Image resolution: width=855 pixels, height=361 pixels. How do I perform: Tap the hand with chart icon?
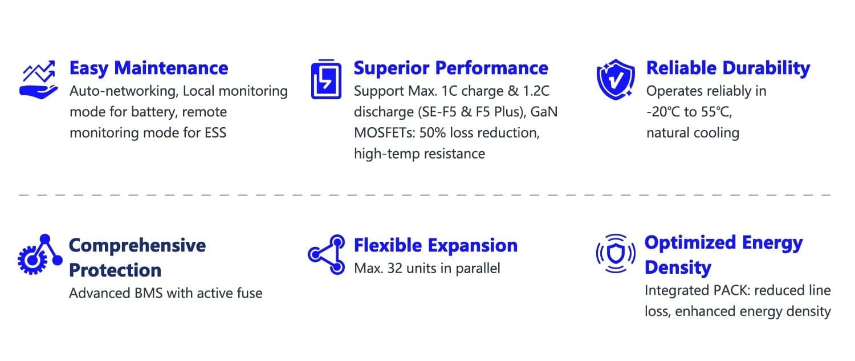pos(39,79)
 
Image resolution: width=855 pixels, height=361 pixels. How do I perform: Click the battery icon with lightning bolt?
pos(326,79)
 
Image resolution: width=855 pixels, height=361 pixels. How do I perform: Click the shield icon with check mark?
pos(616,79)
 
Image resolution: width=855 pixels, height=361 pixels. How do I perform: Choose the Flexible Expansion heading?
pos(435,246)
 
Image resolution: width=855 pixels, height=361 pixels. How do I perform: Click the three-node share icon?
pos(327,254)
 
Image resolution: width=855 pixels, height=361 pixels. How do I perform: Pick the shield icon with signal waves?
pos(616,254)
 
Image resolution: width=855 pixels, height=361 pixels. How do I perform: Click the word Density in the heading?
pos(678,267)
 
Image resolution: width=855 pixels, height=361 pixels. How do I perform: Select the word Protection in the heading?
pos(115,270)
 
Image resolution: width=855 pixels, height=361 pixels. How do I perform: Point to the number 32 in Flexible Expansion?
pos(394,269)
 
